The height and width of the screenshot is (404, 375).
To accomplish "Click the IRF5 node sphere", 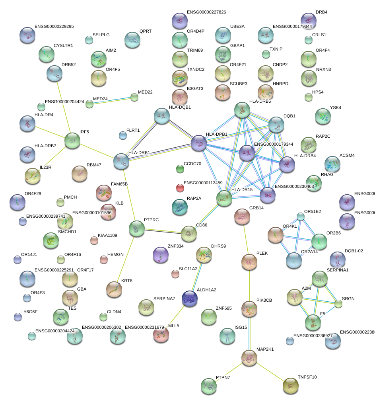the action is tap(72, 141).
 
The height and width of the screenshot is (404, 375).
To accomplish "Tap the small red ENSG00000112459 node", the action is tap(180, 187).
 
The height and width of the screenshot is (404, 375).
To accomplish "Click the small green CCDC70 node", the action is tap(180, 169).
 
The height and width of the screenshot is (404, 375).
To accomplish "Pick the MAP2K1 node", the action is tap(249, 357).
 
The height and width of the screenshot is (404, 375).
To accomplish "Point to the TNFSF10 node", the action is tap(291, 385).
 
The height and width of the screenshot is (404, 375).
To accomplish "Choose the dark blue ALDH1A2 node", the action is tap(189, 298).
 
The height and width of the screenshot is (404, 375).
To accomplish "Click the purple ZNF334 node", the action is tap(161, 255).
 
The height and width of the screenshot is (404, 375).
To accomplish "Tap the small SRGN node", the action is tap(338, 304).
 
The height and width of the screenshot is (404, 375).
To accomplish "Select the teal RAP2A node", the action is tap(180, 206).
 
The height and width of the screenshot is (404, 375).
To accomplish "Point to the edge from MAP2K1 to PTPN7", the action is tap(229, 371).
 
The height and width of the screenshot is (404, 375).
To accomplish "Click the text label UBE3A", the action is tap(237, 27).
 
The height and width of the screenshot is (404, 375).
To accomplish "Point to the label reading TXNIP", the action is tap(276, 49).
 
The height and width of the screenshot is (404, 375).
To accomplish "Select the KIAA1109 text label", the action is tap(107, 236).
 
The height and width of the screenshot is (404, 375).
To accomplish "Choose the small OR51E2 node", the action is tap(301, 217).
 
